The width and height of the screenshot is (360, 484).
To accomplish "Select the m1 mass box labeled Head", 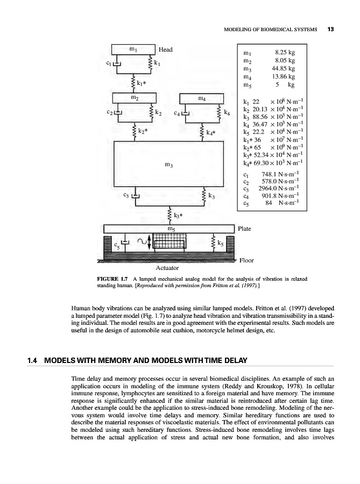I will [x=133, y=49].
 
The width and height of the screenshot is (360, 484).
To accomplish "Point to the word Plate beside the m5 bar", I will [x=244, y=229].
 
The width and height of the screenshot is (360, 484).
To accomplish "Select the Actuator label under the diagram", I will [x=167, y=267].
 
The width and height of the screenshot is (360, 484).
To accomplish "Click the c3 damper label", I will [x=125, y=194].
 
